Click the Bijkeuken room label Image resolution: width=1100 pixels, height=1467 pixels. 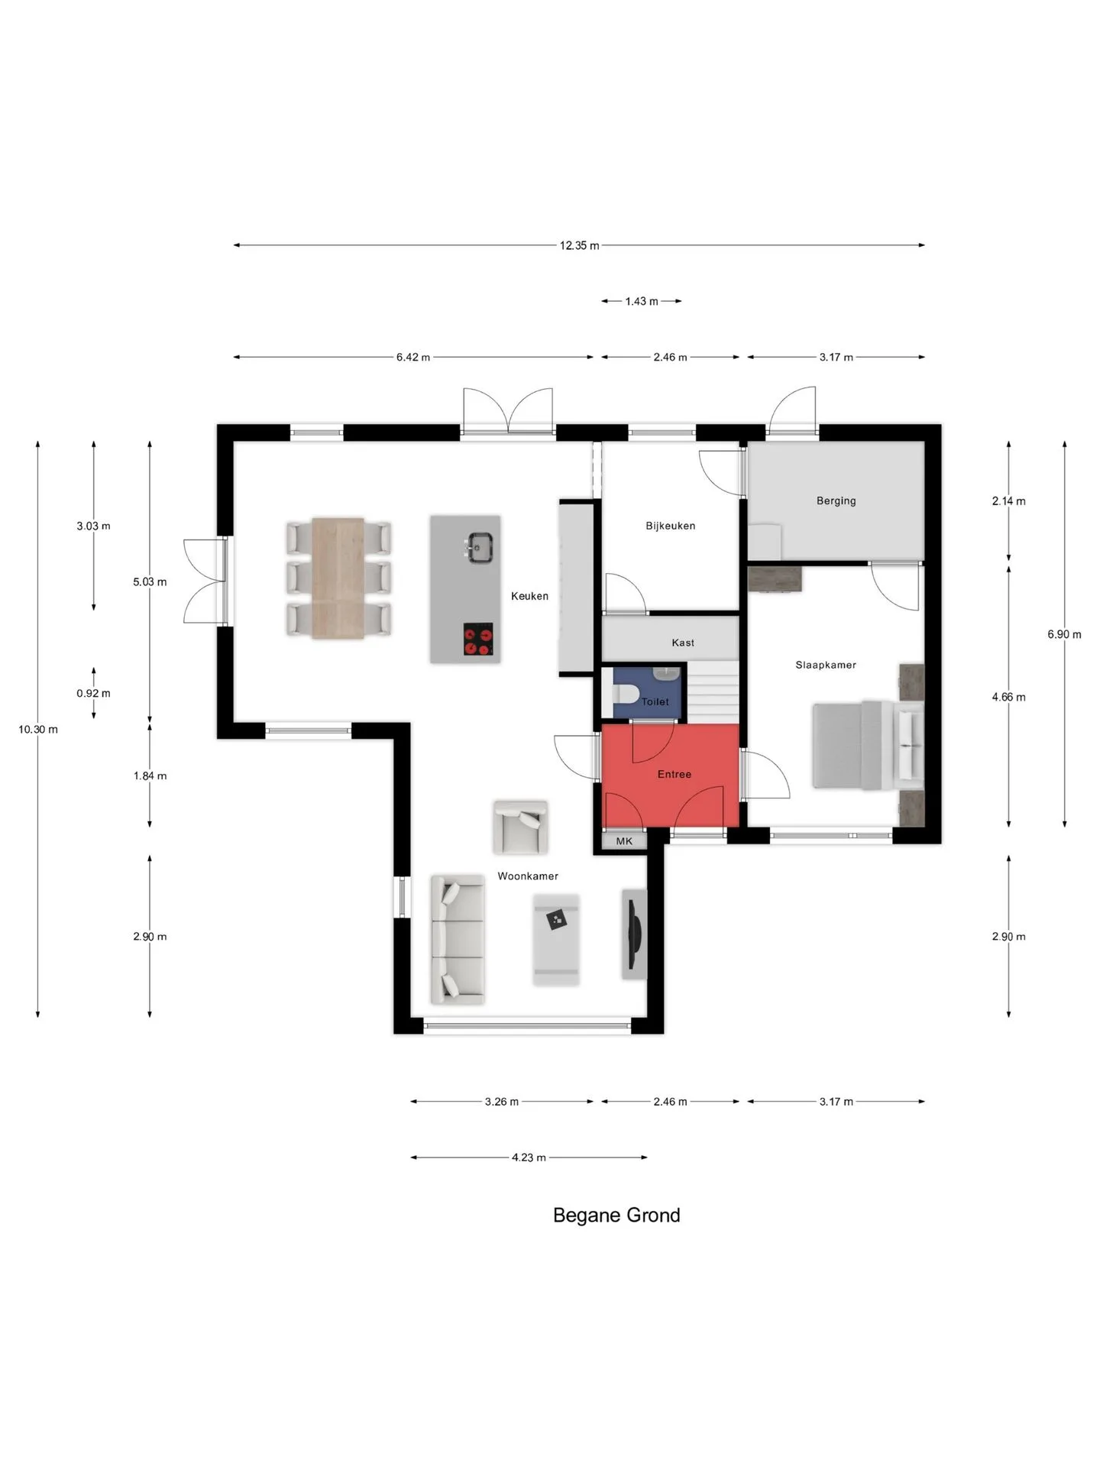pyautogui.click(x=670, y=526)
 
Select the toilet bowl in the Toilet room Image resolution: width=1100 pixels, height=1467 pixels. pyautogui.click(x=626, y=694)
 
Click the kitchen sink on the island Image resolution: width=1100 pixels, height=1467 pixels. pyautogui.click(x=479, y=547)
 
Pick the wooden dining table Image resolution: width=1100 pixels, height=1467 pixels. pyautogui.click(x=338, y=578)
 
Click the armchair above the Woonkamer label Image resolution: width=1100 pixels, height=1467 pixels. pyautogui.click(x=520, y=827)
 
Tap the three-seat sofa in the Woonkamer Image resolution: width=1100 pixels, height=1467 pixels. pyautogui.click(x=458, y=940)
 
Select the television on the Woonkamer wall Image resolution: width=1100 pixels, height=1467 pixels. pyautogui.click(x=633, y=934)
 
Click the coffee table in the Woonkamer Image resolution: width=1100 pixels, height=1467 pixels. pyautogui.click(x=556, y=940)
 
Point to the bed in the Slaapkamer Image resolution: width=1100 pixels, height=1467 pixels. pyautogui.click(x=867, y=745)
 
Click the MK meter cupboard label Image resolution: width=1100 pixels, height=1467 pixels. pyautogui.click(x=624, y=841)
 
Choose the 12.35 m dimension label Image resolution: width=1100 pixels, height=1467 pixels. pyautogui.click(x=579, y=246)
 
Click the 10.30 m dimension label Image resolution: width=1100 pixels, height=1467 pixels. pyautogui.click(x=38, y=730)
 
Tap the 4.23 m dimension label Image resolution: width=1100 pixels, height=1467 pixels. pyautogui.click(x=529, y=1158)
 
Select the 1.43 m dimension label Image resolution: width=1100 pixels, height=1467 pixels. pyautogui.click(x=642, y=302)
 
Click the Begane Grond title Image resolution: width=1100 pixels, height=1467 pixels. pyautogui.click(x=616, y=1216)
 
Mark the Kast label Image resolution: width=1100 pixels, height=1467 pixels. pyautogui.click(x=683, y=643)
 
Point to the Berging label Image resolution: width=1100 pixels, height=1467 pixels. pyautogui.click(x=836, y=501)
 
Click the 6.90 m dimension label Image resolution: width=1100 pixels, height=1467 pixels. pyautogui.click(x=1064, y=634)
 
